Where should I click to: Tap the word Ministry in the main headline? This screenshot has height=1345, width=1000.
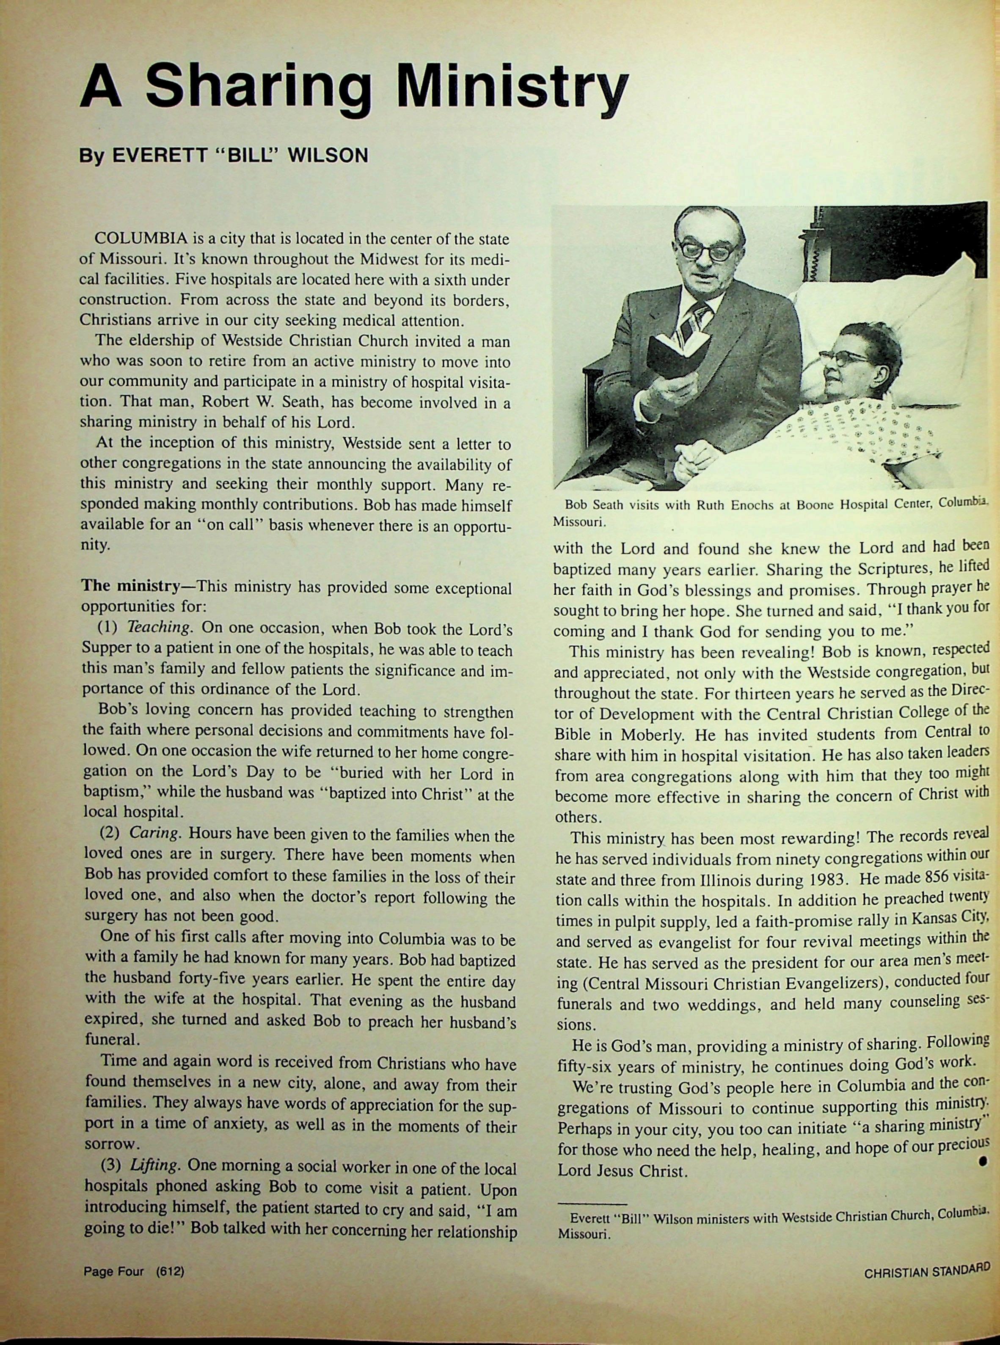pos(513,91)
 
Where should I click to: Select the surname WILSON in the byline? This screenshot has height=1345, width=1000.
pos(328,156)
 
